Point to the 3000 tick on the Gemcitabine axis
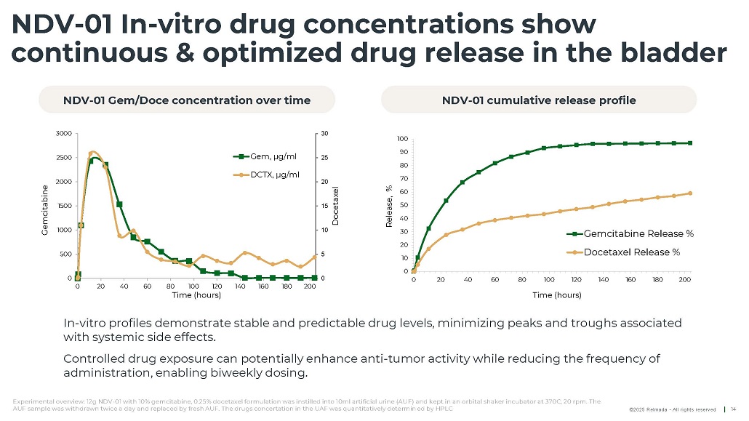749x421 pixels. pyautogui.click(x=63, y=133)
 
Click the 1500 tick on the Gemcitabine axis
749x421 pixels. pyautogui.click(x=63, y=206)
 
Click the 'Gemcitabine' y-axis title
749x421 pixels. pyautogui.click(x=44, y=206)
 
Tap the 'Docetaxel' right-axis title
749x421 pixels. pyautogui.click(x=336, y=206)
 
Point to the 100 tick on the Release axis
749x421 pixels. pyautogui.click(x=402, y=139)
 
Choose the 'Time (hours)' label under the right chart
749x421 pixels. pyautogui.click(x=557, y=295)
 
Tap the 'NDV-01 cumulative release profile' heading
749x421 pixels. pyautogui.click(x=539, y=100)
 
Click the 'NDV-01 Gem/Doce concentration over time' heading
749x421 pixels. pyautogui.click(x=187, y=100)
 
